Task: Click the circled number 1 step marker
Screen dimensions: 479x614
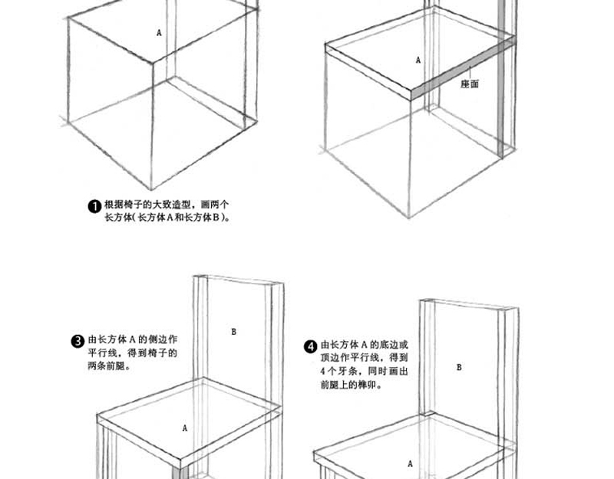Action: click(x=94, y=206)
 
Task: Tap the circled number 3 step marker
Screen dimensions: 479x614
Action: click(x=78, y=341)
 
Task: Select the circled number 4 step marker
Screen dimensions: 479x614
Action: click(x=311, y=347)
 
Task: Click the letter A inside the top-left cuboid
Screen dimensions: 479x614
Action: click(x=160, y=33)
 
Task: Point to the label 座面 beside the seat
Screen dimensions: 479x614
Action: click(x=470, y=84)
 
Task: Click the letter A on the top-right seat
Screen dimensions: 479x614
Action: click(x=418, y=60)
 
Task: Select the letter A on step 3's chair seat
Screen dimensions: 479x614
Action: click(x=185, y=428)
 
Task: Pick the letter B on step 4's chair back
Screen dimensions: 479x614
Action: click(x=460, y=368)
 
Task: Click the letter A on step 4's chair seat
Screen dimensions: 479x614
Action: click(x=411, y=464)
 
